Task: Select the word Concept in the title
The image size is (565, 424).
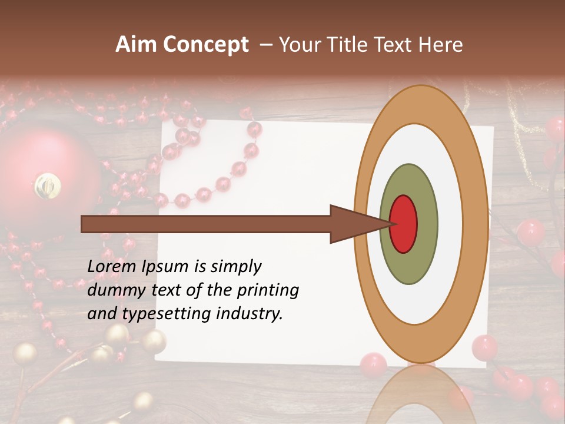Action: [x=206, y=45]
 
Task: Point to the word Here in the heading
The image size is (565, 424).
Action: [x=441, y=45]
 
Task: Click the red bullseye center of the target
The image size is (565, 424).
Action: [x=403, y=224]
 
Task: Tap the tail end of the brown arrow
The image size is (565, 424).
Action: [x=85, y=224]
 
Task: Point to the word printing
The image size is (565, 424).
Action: [x=268, y=290]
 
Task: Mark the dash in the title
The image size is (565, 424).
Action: [x=266, y=45]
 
